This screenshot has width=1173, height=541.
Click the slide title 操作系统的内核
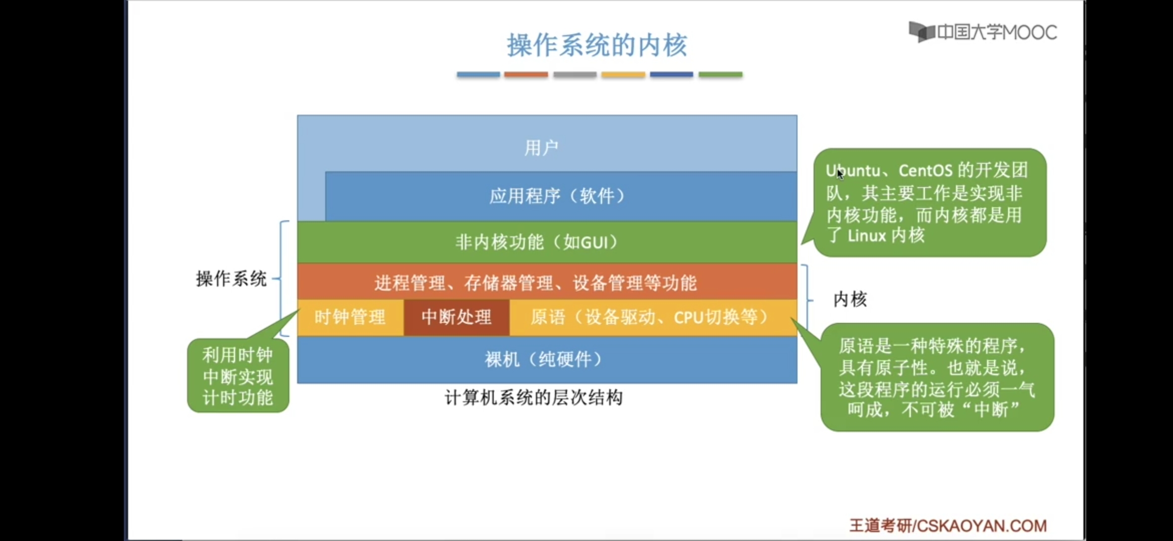pyautogui.click(x=597, y=45)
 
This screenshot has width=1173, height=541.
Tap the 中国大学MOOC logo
pyautogui.click(x=983, y=33)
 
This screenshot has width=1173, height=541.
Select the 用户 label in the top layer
pyautogui.click(x=541, y=148)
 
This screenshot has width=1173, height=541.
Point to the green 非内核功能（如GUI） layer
pyautogui.click(x=536, y=242)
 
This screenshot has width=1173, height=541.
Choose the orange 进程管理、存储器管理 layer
pyautogui.click(x=535, y=283)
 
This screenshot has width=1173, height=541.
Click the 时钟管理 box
pyautogui.click(x=350, y=317)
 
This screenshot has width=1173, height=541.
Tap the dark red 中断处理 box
pyautogui.click(x=456, y=317)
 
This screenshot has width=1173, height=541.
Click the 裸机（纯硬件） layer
pyautogui.click(x=543, y=359)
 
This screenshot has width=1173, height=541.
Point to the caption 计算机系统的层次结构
pyautogui.click(x=533, y=398)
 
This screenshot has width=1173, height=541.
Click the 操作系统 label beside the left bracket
pyautogui.click(x=231, y=279)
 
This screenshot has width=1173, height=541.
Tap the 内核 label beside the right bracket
pyautogui.click(x=850, y=299)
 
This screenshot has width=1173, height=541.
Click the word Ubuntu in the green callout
pyautogui.click(x=853, y=171)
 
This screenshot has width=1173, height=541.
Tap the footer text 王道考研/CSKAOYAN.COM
pyautogui.click(x=947, y=525)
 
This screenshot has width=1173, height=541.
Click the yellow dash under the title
pyautogui.click(x=623, y=75)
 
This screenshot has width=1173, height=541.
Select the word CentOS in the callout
pyautogui.click(x=925, y=171)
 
